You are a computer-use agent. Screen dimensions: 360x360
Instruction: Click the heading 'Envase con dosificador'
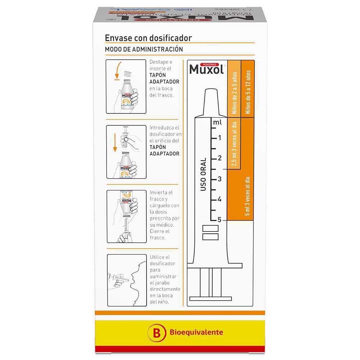pyautogui.click(x=148, y=38)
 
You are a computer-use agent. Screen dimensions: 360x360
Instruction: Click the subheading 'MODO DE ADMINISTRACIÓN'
pyautogui.click(x=144, y=49)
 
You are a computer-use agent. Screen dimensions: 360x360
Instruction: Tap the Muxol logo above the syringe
pyautogui.click(x=207, y=68)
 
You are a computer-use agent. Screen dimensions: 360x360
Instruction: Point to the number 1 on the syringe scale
pyautogui.click(x=220, y=138)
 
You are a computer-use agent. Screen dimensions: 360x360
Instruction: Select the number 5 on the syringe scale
pyautogui.click(x=220, y=220)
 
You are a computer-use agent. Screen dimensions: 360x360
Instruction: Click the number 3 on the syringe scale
pyautogui.click(x=220, y=179)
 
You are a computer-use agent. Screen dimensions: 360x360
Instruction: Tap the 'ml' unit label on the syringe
pyautogui.click(x=217, y=122)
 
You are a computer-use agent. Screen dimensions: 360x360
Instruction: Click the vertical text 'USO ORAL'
pyautogui.click(x=203, y=174)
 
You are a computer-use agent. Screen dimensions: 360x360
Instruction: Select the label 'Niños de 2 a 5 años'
pyautogui.click(x=234, y=93)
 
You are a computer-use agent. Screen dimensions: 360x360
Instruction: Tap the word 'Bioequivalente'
pyautogui.click(x=196, y=332)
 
